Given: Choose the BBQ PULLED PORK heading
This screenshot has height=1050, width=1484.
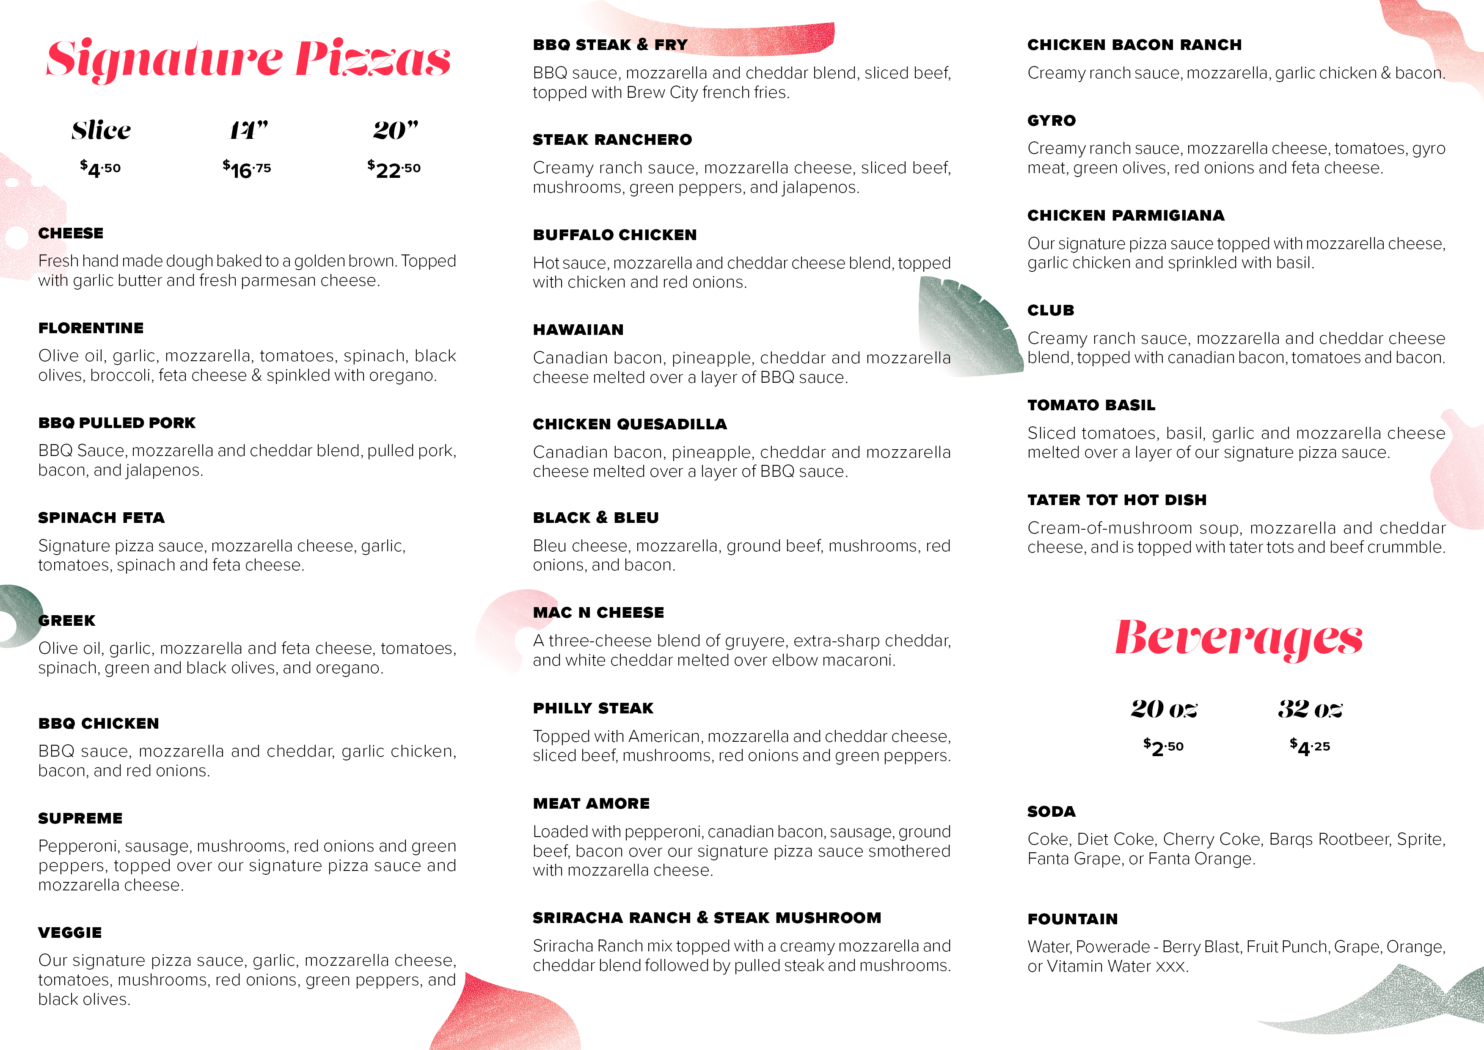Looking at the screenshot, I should [117, 423].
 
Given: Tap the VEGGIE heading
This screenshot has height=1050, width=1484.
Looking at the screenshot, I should [70, 932].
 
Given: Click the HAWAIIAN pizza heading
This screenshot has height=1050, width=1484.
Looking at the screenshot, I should [578, 330].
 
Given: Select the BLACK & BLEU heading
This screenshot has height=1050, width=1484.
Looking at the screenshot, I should [596, 518].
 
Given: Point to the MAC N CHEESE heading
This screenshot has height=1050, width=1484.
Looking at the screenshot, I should [598, 612].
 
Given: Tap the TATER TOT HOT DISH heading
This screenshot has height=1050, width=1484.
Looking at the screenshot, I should [1117, 500].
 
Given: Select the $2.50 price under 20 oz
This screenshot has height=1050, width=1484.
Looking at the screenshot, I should [1163, 747].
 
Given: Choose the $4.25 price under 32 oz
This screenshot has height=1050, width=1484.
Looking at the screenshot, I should [1310, 747].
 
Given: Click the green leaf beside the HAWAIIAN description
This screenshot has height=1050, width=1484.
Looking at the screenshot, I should [966, 326].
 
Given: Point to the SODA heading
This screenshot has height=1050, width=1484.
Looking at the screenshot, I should [1052, 812].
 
